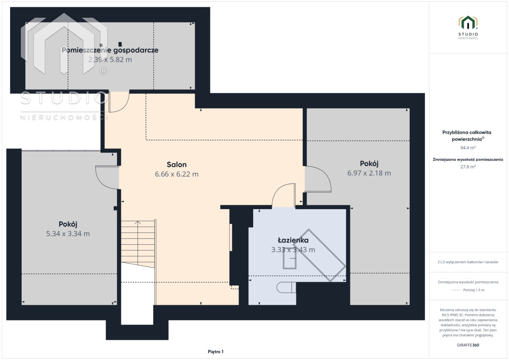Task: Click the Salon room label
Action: coord(176,165)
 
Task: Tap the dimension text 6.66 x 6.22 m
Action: coord(176,174)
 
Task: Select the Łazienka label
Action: coord(293,240)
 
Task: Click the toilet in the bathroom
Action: coord(286,287)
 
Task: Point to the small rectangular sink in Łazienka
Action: coord(289,258)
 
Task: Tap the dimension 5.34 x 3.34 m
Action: coord(68,234)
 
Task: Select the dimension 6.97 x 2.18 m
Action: coord(369,173)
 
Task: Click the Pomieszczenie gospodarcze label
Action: coord(110,50)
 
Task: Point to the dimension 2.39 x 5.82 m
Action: coord(110,59)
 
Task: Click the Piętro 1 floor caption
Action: coord(215,352)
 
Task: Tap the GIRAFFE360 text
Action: coord(468,345)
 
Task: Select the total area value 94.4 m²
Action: coord(468,148)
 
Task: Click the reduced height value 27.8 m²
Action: coord(468,167)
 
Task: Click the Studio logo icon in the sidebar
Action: coord(468,22)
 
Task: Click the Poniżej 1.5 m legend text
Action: coord(474,290)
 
